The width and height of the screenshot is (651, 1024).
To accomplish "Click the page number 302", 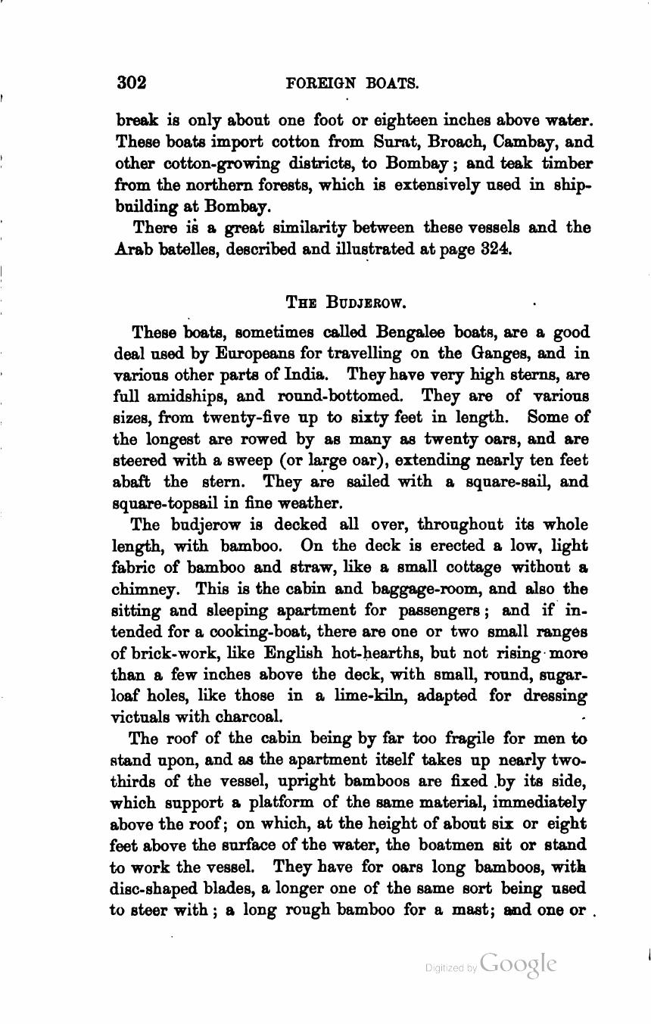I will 131,82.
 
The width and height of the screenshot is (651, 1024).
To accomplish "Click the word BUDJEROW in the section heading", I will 366,303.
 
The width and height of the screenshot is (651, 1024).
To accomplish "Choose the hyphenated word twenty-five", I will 247,417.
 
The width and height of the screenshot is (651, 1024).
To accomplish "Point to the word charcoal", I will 245,716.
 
